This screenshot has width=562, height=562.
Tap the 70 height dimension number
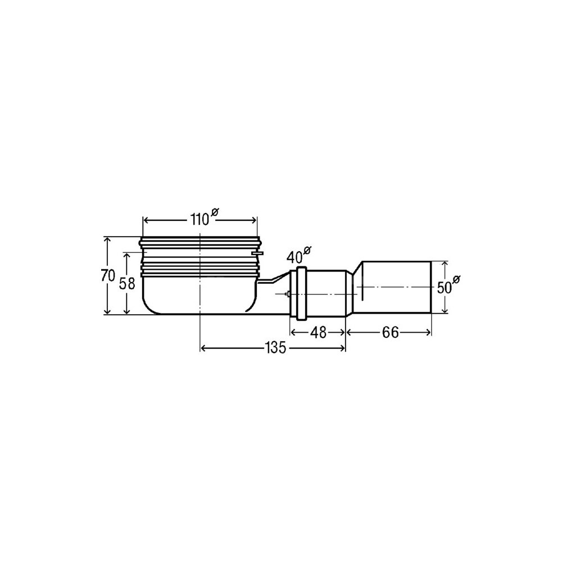pyautogui.click(x=107, y=276)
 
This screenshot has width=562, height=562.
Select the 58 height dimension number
pyautogui.click(x=127, y=283)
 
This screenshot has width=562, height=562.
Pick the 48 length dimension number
pyautogui.click(x=318, y=333)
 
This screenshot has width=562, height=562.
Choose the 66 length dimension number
pyautogui.click(x=391, y=333)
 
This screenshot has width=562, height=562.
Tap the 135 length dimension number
pyautogui.click(x=275, y=348)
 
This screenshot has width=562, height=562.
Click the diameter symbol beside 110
pyautogui.click(x=214, y=212)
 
